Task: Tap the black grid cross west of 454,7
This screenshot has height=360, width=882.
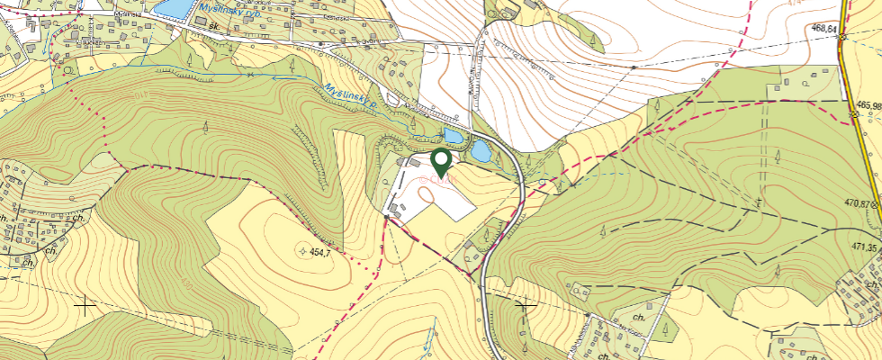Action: (x=85, y=307)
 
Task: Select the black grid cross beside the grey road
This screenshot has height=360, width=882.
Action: (x=524, y=306)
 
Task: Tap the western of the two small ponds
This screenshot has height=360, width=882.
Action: (x=452, y=137)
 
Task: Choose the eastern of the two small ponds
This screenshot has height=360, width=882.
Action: (x=481, y=150)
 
